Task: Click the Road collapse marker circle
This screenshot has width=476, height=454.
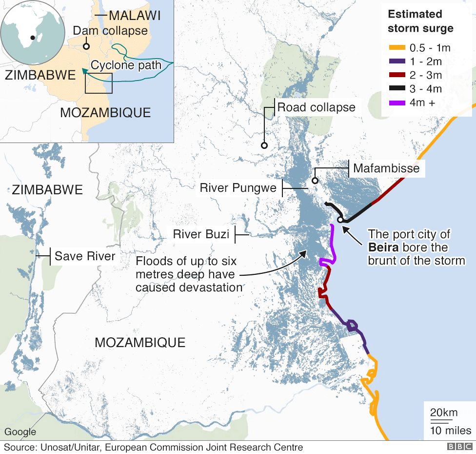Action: click(264, 145)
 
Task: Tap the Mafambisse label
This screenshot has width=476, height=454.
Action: click(386, 169)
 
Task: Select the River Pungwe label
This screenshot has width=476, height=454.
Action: click(238, 188)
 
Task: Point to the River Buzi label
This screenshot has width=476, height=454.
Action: click(201, 235)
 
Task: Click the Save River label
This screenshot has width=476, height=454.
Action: click(85, 256)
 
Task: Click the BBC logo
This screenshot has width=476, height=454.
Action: click(457, 447)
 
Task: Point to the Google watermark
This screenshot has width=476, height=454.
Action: click(20, 432)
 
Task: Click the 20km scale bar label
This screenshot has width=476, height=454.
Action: click(444, 413)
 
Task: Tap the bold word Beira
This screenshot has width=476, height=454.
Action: click(383, 248)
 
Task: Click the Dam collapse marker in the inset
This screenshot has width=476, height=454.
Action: click(86, 47)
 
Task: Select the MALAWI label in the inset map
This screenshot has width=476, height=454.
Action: click(135, 16)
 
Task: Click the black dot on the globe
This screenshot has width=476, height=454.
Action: click(32, 38)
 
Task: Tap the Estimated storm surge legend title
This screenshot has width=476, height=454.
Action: click(420, 21)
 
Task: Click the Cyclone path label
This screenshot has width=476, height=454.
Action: click(126, 65)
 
